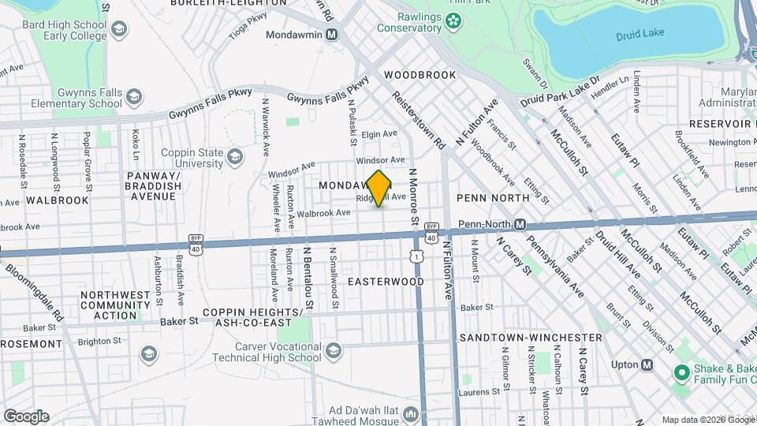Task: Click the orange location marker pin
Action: (x=379, y=189)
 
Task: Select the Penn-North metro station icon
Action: (x=520, y=225)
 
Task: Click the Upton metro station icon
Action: (x=647, y=364)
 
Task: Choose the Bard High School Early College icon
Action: (x=119, y=30)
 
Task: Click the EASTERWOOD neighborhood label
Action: (x=386, y=282)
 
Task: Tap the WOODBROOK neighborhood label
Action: (x=420, y=75)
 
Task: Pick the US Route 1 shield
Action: (x=415, y=257)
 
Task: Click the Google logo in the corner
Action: (x=26, y=416)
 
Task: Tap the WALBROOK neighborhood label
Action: (x=57, y=200)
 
